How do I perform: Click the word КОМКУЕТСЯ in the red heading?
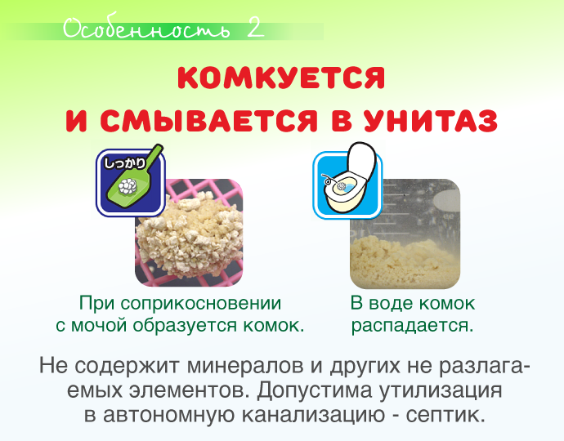pos(281,78)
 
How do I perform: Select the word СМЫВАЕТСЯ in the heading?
pos(208,120)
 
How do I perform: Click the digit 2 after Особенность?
pos(255,28)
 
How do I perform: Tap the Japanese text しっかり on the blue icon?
pos(124,163)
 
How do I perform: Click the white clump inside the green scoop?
pos(128,186)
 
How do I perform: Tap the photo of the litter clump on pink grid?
pos(189,233)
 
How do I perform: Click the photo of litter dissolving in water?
pos(405,234)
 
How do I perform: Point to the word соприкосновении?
pos(201,304)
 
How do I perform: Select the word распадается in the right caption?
pos(412,326)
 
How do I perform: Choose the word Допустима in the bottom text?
pos(314,390)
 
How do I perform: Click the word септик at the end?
pos(445,415)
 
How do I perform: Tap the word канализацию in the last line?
pos(313,415)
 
